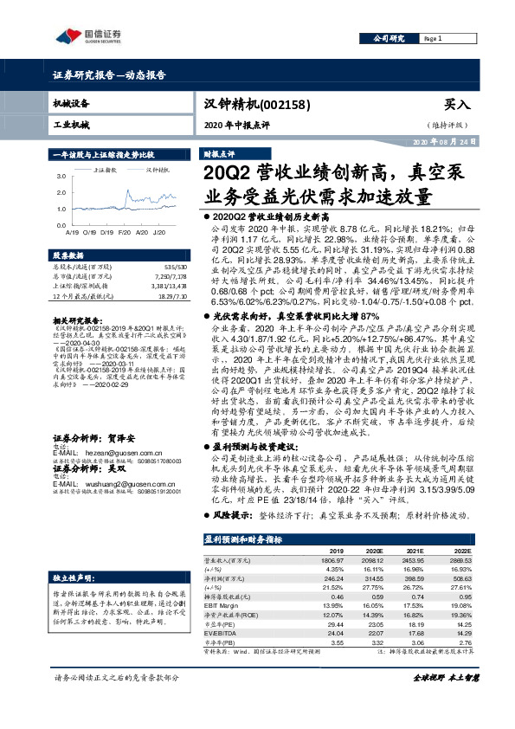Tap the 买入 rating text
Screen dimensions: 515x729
pyautogui.click(x=455, y=103)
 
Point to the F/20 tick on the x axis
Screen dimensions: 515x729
pyautogui.click(x=122, y=232)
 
